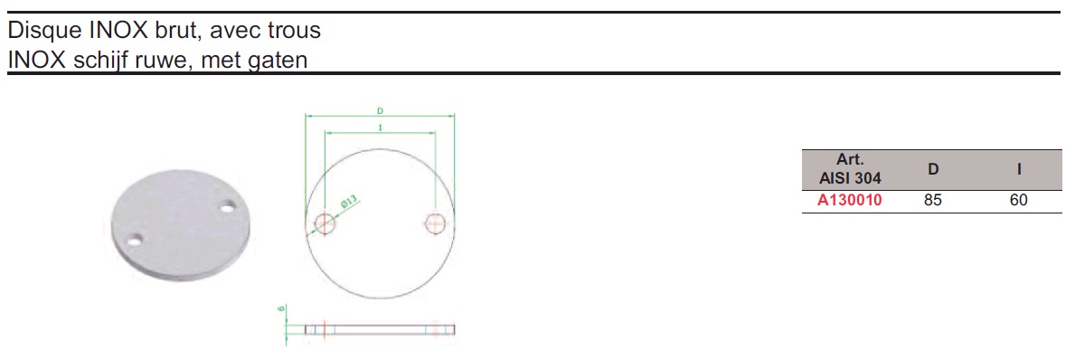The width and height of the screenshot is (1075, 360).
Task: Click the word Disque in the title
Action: (44, 31)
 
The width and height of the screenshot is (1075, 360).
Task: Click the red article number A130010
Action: (850, 201)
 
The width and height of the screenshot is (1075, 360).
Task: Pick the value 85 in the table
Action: (933, 201)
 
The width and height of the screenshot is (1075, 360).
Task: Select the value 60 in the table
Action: (1019, 201)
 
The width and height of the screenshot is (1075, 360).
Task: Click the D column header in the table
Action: (933, 168)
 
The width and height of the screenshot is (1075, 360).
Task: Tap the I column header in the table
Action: (1020, 168)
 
